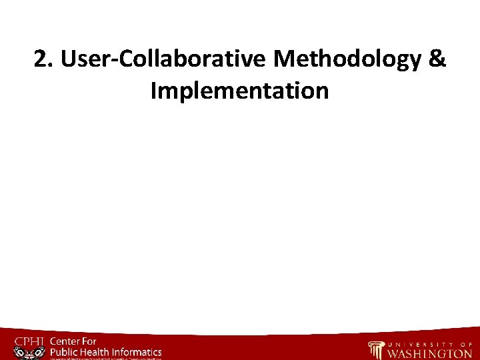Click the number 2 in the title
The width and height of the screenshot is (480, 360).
(x=41, y=60)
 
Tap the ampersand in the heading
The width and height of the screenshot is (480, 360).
(x=437, y=60)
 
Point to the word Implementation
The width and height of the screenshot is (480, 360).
(x=240, y=90)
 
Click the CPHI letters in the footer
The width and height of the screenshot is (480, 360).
(x=29, y=342)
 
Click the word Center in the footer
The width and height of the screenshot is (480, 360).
(x=67, y=341)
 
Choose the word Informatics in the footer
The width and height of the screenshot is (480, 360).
(x=138, y=351)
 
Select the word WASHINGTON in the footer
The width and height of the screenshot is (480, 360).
(x=430, y=353)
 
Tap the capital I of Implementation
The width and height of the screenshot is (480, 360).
(x=154, y=90)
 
